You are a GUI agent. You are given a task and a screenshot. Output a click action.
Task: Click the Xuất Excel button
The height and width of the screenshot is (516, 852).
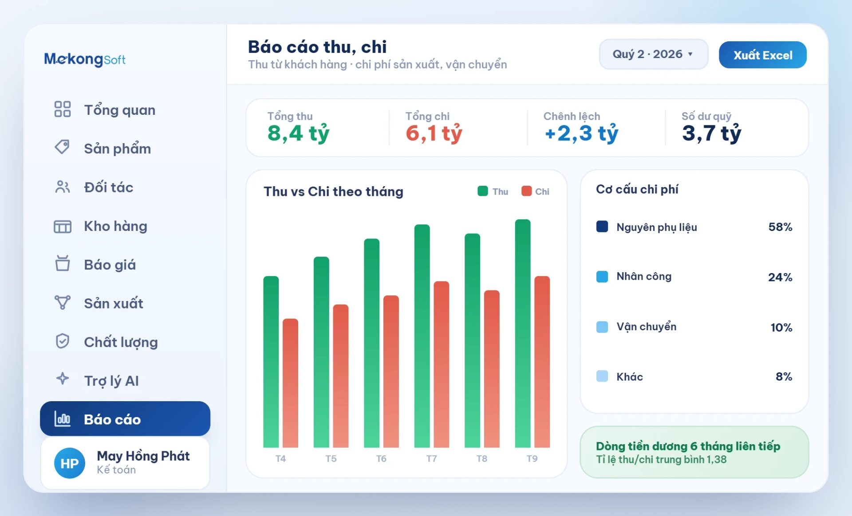762,55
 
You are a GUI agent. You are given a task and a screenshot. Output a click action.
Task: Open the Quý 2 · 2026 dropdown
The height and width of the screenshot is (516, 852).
653,54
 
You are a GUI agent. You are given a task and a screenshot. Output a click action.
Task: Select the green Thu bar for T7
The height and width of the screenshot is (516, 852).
422,336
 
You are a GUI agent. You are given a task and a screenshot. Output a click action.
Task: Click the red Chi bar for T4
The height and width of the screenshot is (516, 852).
290,383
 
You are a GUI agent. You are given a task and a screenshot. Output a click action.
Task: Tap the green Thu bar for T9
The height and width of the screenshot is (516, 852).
523,333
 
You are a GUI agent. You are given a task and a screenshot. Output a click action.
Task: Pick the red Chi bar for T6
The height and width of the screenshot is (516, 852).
391,371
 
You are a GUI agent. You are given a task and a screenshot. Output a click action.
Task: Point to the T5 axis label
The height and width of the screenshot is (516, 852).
331,459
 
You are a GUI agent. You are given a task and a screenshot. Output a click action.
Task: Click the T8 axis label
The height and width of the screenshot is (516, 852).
481,459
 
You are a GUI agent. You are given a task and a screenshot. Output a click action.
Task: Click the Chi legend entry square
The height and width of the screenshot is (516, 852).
526,191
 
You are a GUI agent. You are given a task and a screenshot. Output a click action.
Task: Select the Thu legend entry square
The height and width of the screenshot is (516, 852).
483,191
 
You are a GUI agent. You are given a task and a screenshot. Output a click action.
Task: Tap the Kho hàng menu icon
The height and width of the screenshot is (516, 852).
63,227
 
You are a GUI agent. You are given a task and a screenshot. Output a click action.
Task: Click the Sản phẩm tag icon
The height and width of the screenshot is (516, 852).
62,147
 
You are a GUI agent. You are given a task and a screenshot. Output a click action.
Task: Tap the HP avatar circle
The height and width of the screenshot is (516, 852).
70,463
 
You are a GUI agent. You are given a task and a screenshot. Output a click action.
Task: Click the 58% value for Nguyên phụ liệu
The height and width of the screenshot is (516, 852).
780,227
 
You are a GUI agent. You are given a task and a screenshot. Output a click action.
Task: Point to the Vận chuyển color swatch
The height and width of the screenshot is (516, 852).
602,327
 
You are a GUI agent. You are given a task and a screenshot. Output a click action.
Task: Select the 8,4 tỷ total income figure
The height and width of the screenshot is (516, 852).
298,133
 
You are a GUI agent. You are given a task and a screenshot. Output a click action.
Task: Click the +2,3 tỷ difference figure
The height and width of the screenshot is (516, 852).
581,133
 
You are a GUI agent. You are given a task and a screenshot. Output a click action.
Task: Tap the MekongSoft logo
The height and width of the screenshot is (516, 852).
85,59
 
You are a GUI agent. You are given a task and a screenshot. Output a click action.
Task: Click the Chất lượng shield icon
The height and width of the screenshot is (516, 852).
62,341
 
